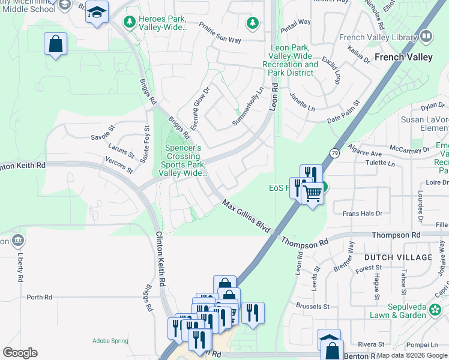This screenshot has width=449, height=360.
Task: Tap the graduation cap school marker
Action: click(96, 11)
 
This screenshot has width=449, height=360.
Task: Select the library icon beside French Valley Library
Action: click(426, 37)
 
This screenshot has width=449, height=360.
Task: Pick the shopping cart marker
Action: click(313, 194)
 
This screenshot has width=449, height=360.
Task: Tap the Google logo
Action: click(20, 353)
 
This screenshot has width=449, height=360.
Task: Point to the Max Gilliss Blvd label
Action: click(246, 217)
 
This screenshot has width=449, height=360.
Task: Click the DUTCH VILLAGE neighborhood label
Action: click(398, 257)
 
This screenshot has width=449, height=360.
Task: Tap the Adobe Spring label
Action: click(110, 341)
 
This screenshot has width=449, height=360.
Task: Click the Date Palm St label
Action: click(343, 112)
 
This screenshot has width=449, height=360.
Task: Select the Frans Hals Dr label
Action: click(362, 213)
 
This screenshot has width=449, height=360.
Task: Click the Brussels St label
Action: click(309, 307)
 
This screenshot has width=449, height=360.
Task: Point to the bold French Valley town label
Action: click(403, 58)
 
